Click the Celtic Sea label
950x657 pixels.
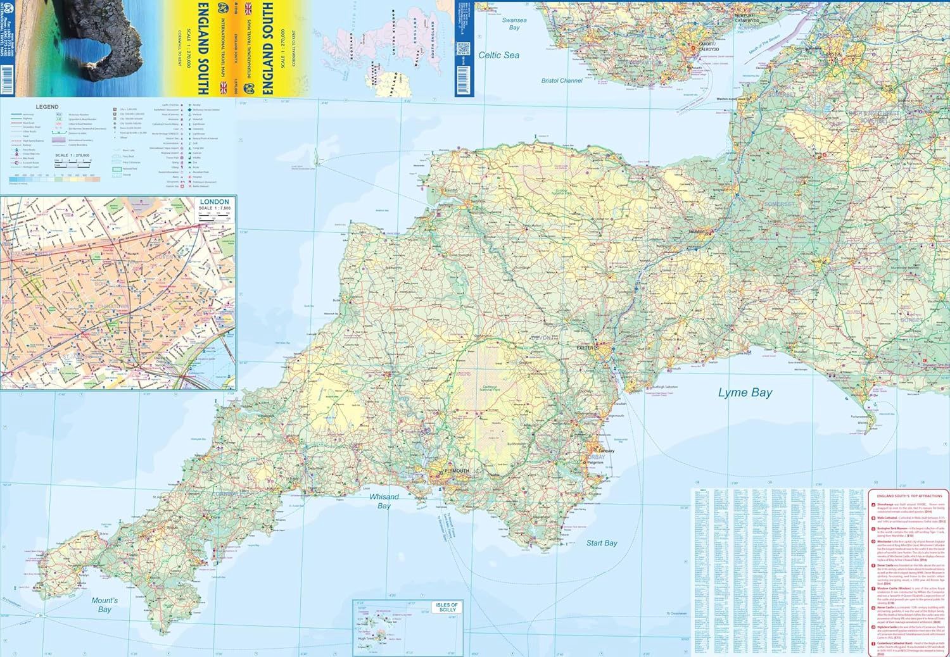498,56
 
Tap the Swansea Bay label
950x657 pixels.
514,24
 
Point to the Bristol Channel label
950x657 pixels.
562,81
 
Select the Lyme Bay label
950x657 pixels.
745,393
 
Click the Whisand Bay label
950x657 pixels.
384,501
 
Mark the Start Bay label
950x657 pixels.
601,543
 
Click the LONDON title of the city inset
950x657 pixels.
213,202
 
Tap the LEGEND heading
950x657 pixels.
47,107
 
